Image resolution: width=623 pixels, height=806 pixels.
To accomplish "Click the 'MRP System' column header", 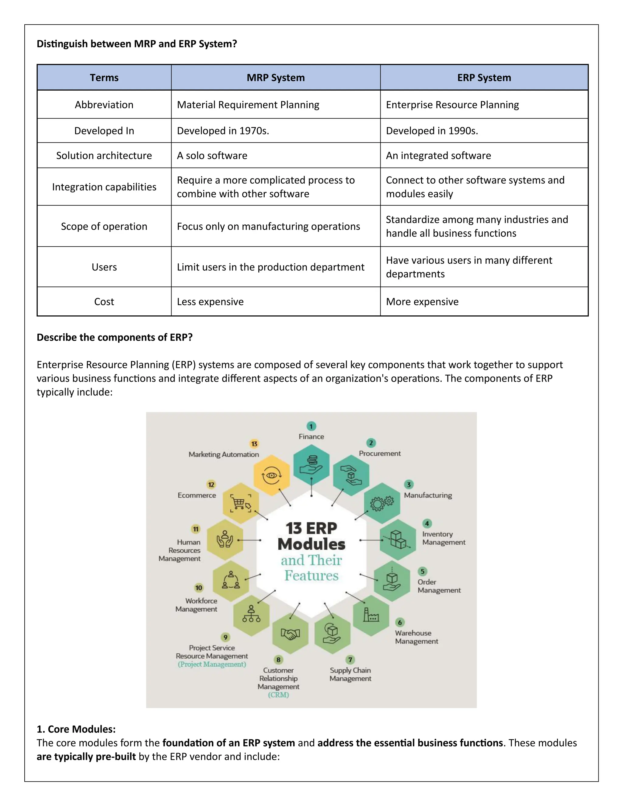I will coord(275,78).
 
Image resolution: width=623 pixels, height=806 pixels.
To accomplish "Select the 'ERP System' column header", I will coord(484,78).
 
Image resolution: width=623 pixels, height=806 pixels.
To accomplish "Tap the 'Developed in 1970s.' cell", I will coord(223,131).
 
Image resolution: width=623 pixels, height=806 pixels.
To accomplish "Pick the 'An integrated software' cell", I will coord(438,155).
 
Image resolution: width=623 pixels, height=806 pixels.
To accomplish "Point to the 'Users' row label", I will coord(104,267).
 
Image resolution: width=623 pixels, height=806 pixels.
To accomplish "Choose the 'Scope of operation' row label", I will coord(104,226).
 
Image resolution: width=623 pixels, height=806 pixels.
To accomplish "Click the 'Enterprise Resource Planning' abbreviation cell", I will coord(452,105).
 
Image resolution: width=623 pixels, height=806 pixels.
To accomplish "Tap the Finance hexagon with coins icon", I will coord(311,465).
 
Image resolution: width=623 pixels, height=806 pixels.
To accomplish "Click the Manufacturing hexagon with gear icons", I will coord(382,503).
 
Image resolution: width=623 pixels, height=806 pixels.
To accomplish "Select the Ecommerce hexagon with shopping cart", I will coord(241,503).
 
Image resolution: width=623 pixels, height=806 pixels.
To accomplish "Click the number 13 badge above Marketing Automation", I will coord(254,443).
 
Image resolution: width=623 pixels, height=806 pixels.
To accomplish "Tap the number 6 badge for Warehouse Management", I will coord(400,623).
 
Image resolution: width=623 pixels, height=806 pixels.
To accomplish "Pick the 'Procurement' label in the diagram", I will coord(379,453).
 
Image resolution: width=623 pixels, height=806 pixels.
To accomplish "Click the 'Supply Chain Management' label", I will coord(350,674).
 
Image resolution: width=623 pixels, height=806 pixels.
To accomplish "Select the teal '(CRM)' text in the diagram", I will coord(278,695).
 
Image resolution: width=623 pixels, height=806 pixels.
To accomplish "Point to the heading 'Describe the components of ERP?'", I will coord(114,337).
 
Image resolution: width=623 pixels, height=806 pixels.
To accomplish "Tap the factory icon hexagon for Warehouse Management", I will coord(371,615).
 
